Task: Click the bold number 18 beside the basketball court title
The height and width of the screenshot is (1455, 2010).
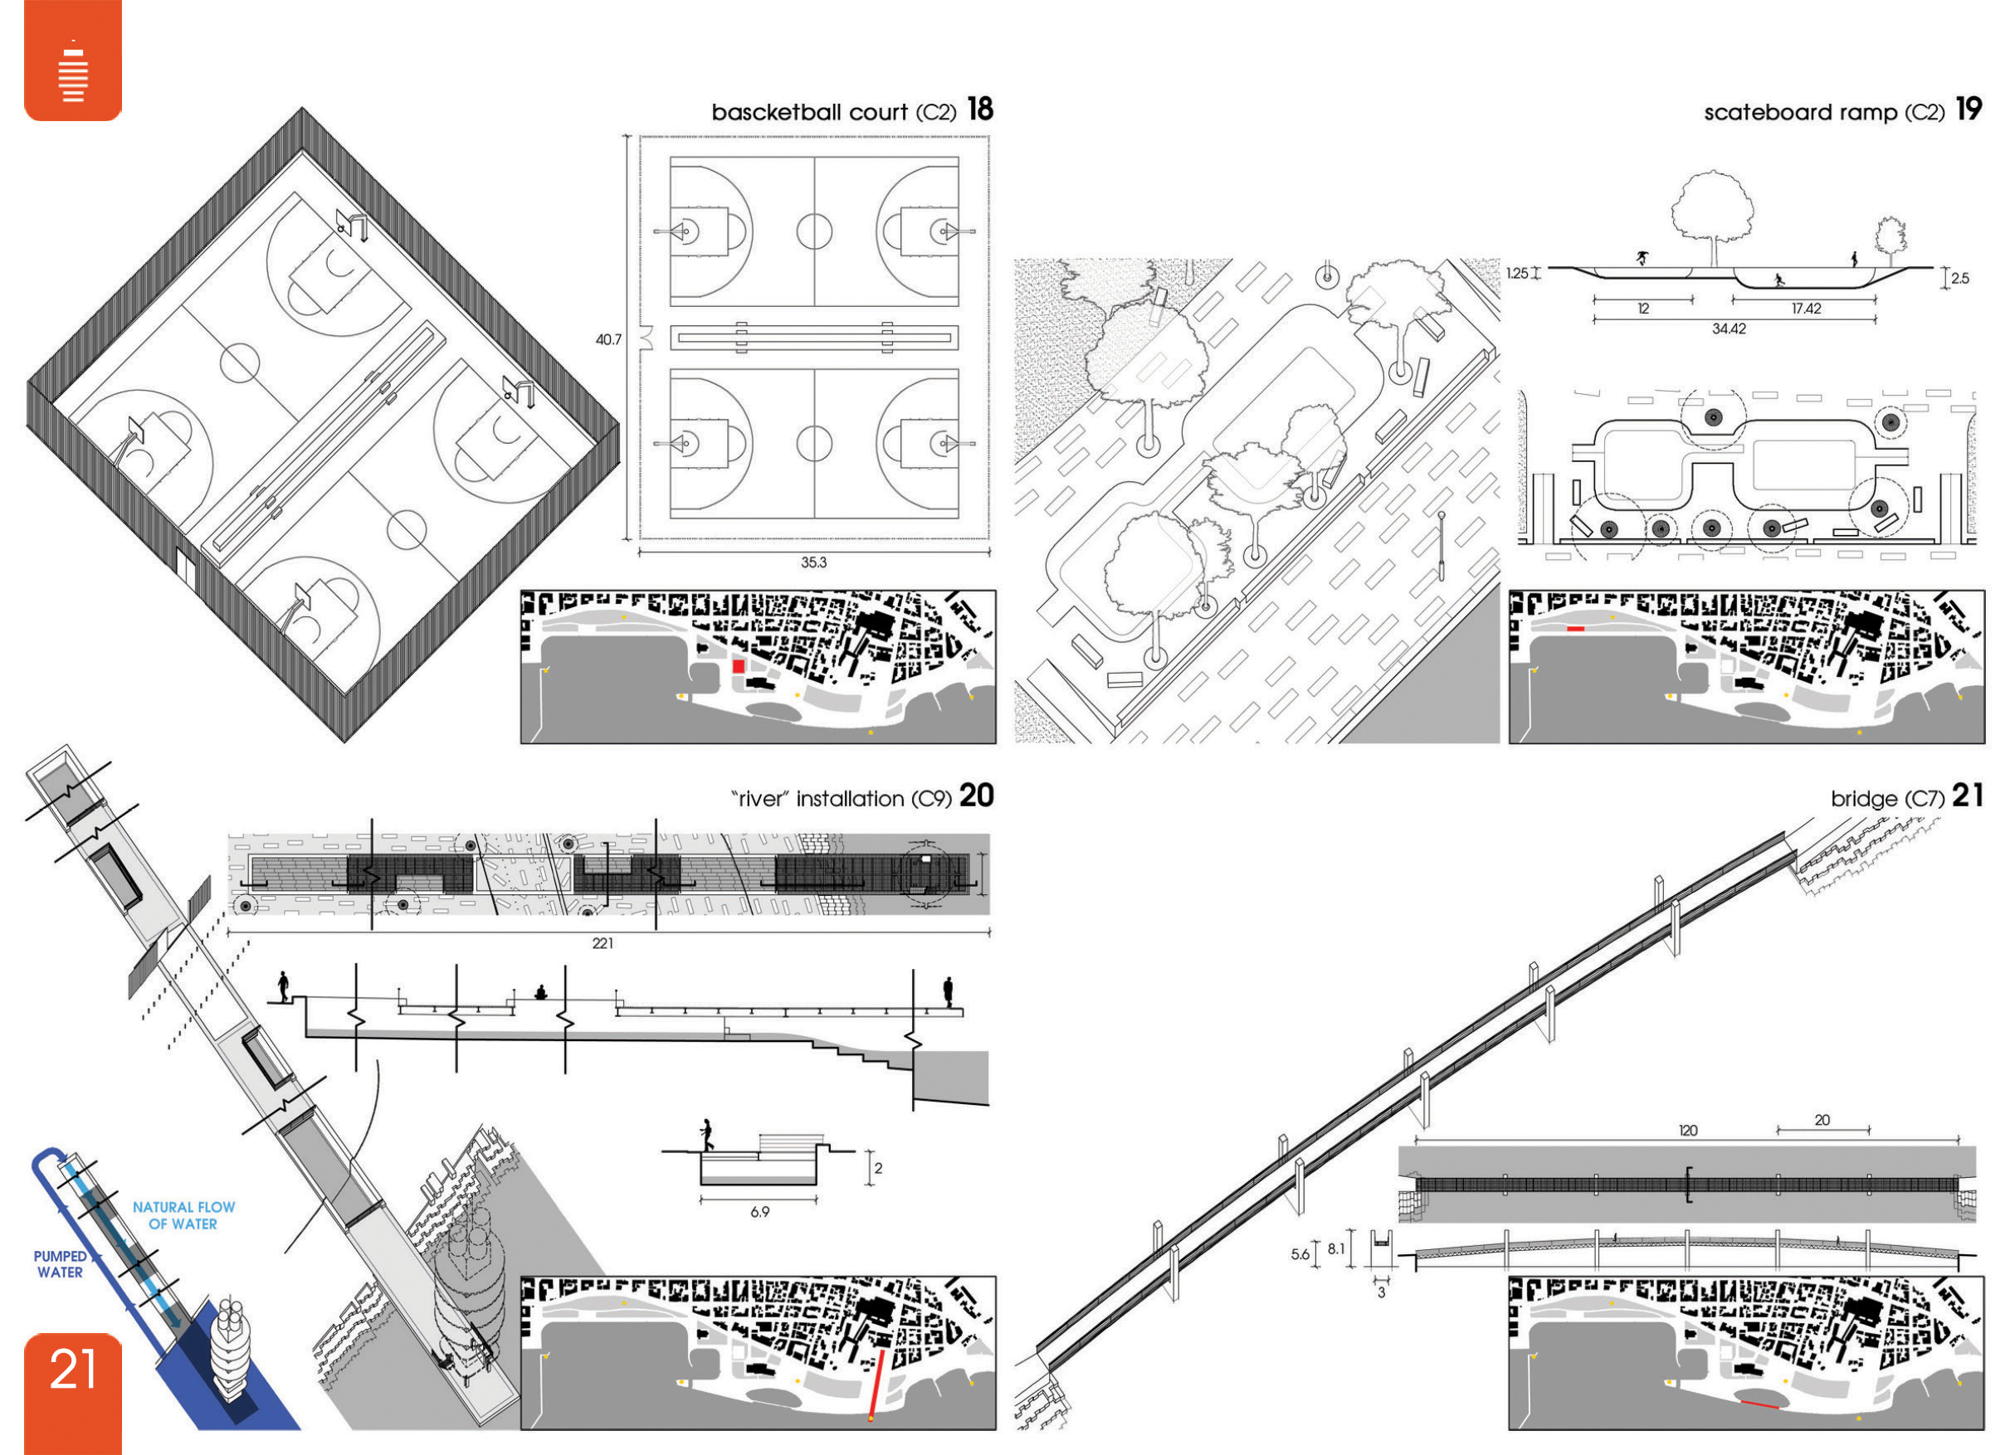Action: tap(980, 109)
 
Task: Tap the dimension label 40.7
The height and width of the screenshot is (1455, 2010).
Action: tap(608, 339)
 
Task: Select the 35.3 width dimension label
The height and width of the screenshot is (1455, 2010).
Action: tap(813, 562)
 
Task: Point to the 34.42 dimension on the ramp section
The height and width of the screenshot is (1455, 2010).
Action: tap(1729, 328)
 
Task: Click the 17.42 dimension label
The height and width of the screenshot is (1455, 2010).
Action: tap(1806, 309)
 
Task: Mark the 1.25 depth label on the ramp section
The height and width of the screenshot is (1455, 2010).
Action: tap(1517, 273)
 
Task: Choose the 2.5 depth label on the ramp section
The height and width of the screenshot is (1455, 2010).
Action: tap(1960, 278)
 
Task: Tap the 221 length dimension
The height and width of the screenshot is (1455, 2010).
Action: tap(603, 943)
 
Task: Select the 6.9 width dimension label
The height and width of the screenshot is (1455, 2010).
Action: tap(759, 1211)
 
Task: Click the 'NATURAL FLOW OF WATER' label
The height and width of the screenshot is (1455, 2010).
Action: tap(183, 1215)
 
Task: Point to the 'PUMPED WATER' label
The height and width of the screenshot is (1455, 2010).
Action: tap(61, 1264)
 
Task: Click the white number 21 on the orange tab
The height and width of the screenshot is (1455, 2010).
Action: tap(73, 1369)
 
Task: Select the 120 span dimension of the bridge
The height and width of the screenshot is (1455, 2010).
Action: tap(1688, 1131)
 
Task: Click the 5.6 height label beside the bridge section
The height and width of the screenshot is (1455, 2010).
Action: tap(1300, 1254)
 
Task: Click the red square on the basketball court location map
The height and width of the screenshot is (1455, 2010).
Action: tap(739, 665)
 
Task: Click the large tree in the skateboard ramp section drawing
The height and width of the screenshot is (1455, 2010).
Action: tap(1711, 217)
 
